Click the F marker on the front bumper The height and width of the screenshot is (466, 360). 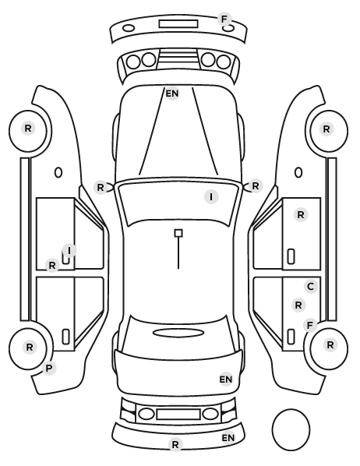coord(224,19)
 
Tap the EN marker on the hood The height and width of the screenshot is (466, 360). coord(172,94)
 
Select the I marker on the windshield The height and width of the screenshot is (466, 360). coord(211,196)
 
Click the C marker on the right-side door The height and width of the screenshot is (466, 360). coord(311,287)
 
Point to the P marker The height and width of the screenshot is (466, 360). coord(49,369)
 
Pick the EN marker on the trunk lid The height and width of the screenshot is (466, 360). coord(226,380)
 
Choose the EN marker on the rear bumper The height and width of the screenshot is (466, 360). coord(228,438)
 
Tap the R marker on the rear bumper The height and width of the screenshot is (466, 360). coord(175,445)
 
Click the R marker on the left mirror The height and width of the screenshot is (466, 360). coord(101,188)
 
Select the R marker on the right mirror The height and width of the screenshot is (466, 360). coord(256,186)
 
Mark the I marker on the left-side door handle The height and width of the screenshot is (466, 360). coord(69,251)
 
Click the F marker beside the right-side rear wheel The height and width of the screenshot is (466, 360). coord(310,326)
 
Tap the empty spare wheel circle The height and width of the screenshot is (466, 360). coord(291,429)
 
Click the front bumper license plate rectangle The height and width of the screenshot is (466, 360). coord(178,24)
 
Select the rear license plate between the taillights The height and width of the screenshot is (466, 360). coord(178,414)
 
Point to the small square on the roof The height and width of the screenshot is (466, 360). coord(178,233)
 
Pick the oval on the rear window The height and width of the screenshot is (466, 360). coord(178,333)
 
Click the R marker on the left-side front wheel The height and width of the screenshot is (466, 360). coord(28,129)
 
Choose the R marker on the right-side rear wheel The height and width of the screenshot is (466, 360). coord(330,345)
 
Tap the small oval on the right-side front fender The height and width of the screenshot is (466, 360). coord(298,172)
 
